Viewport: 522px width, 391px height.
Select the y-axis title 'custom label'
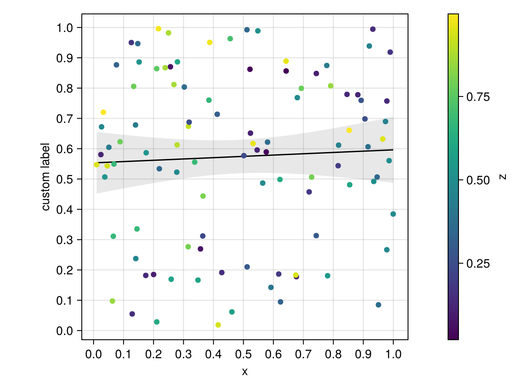click(46, 177)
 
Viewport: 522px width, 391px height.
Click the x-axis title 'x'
click(245, 371)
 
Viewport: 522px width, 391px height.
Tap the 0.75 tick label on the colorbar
click(478, 97)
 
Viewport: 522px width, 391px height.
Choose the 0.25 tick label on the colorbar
click(478, 264)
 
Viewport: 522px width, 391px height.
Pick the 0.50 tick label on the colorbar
click(478, 180)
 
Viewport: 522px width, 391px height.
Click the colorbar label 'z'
click(502, 177)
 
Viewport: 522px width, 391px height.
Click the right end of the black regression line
click(393, 150)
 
